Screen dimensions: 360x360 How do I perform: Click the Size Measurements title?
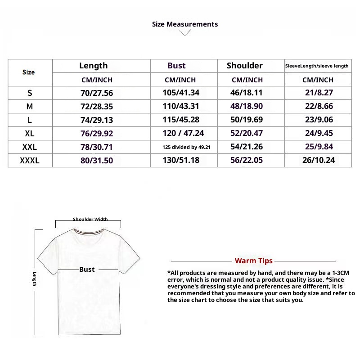click(x=185, y=24)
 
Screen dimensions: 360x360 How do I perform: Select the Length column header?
click(x=93, y=66)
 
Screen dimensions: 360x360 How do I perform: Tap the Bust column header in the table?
click(x=176, y=66)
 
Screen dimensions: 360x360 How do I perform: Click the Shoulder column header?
click(x=244, y=66)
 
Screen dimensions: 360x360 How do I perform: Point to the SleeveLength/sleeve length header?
click(x=317, y=66)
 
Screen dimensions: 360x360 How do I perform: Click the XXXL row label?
click(x=30, y=161)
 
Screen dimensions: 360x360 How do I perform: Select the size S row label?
click(x=30, y=93)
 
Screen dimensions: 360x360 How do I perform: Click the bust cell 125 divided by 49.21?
click(x=186, y=147)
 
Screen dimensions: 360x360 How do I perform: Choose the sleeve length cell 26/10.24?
click(x=318, y=161)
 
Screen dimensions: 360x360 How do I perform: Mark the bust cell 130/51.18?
click(x=181, y=161)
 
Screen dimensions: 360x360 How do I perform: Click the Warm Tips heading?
click(x=253, y=261)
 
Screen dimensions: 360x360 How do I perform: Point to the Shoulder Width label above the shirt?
click(x=90, y=220)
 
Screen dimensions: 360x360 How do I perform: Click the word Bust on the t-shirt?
click(x=87, y=270)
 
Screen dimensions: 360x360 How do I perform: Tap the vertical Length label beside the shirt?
click(x=34, y=279)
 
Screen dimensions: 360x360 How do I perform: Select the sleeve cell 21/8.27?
click(x=318, y=93)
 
